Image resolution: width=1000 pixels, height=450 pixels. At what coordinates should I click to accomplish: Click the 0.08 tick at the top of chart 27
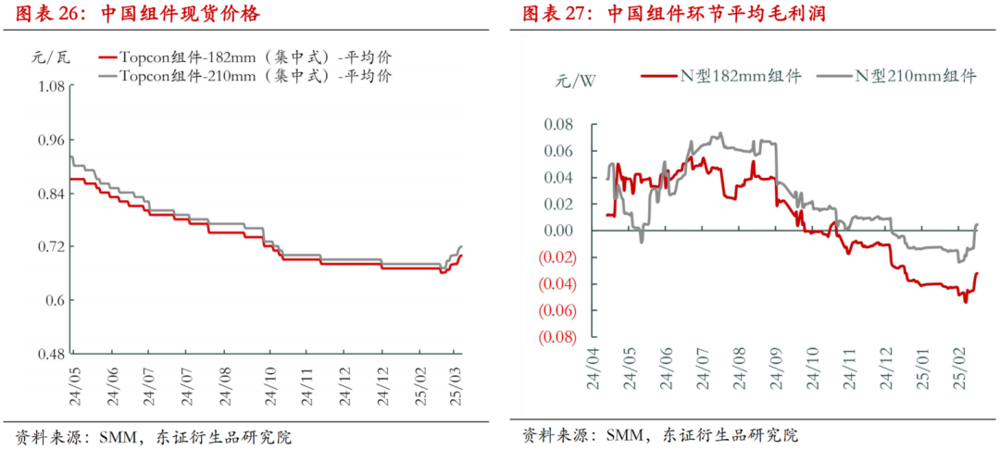[x=557, y=124]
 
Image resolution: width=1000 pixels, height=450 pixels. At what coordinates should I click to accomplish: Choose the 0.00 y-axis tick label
[x=557, y=231]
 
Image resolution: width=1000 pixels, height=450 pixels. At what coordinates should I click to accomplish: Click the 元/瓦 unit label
[x=44, y=57]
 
